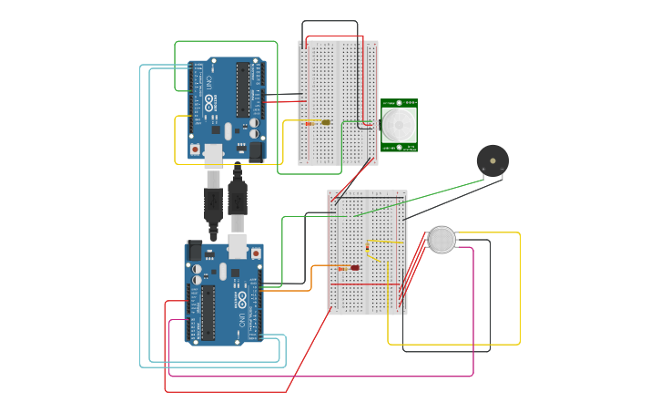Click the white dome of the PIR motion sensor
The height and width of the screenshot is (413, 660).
pos(398,124)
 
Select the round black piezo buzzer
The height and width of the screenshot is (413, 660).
pos(492,160)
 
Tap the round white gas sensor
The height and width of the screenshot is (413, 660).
pos(442,240)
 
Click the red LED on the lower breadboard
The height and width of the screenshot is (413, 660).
pos(354,268)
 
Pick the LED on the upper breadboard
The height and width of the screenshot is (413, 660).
pos(325,122)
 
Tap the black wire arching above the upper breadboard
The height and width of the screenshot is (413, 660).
pos(330,22)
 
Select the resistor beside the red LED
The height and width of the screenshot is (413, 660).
pos(368,247)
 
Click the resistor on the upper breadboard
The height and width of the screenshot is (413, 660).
pos(310,122)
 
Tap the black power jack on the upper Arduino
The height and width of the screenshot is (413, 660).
pos(256,151)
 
